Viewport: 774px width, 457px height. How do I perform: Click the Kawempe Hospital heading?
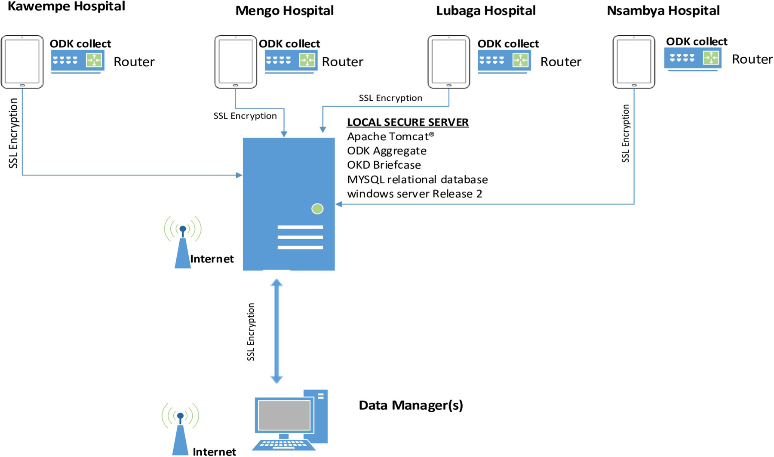[x=67, y=6]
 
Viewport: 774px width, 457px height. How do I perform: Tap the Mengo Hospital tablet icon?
[x=236, y=62]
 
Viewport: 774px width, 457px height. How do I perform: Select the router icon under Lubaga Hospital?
[x=504, y=61]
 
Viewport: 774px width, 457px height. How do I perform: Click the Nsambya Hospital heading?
[x=663, y=11]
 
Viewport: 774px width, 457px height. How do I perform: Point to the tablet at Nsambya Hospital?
[x=634, y=62]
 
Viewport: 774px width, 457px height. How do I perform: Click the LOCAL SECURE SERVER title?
[x=408, y=122]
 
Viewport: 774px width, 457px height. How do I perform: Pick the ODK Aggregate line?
[x=387, y=151]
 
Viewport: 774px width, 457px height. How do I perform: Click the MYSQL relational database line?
[x=417, y=179]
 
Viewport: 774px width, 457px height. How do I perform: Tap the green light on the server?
[x=317, y=209]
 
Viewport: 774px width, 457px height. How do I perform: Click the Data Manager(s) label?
[x=411, y=405]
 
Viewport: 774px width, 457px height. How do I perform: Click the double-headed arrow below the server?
[x=276, y=331]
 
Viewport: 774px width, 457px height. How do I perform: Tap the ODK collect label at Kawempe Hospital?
[x=80, y=43]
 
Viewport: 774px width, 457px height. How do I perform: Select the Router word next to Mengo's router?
[x=342, y=62]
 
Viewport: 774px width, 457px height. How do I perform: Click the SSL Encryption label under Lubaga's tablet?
[x=390, y=98]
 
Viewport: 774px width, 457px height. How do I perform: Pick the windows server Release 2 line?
[x=415, y=194]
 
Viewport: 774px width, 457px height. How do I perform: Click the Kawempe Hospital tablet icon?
[x=22, y=62]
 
